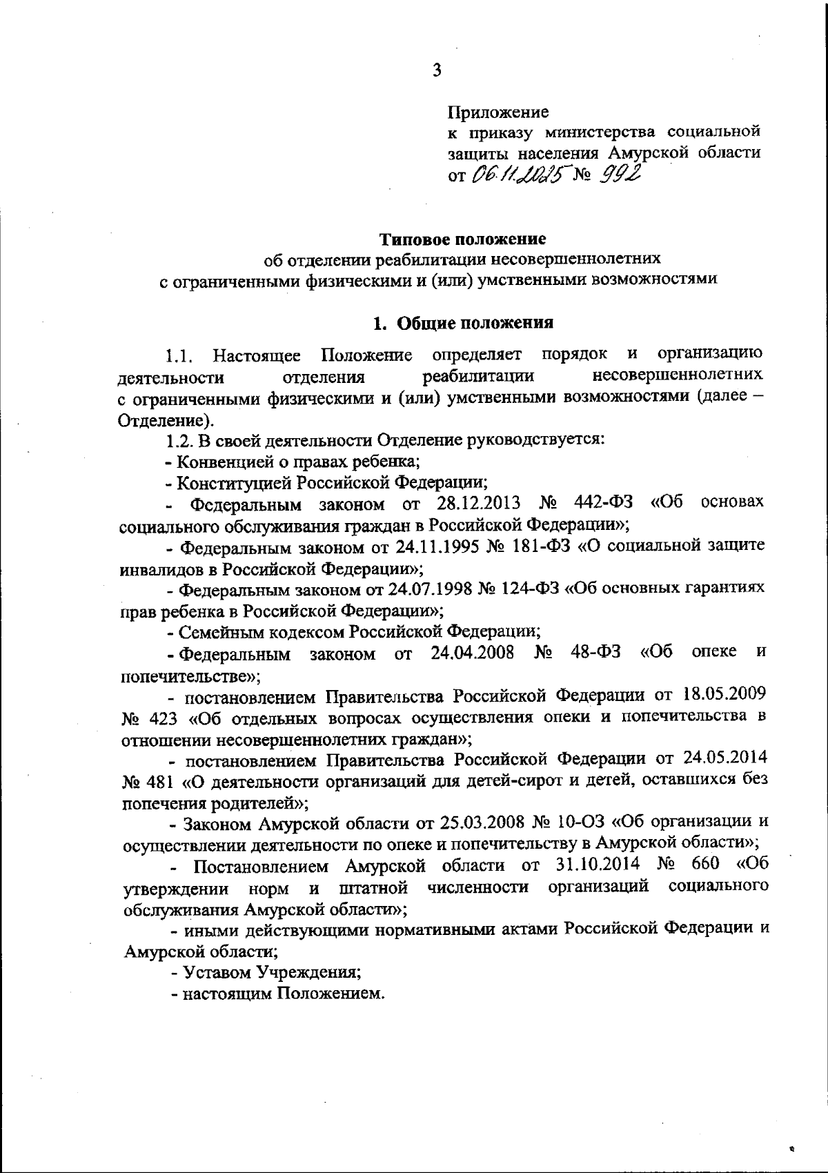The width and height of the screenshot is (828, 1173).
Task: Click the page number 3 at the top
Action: (x=436, y=70)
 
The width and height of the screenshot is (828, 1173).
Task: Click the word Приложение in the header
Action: (x=498, y=111)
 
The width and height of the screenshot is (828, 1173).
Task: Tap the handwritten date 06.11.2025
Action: (x=517, y=176)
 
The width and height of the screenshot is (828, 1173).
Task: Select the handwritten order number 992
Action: (x=620, y=175)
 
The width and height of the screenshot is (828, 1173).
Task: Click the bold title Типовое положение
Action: (x=463, y=239)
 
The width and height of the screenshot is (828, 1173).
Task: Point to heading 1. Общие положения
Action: (x=463, y=323)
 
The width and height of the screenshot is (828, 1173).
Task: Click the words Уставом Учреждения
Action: (x=272, y=972)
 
